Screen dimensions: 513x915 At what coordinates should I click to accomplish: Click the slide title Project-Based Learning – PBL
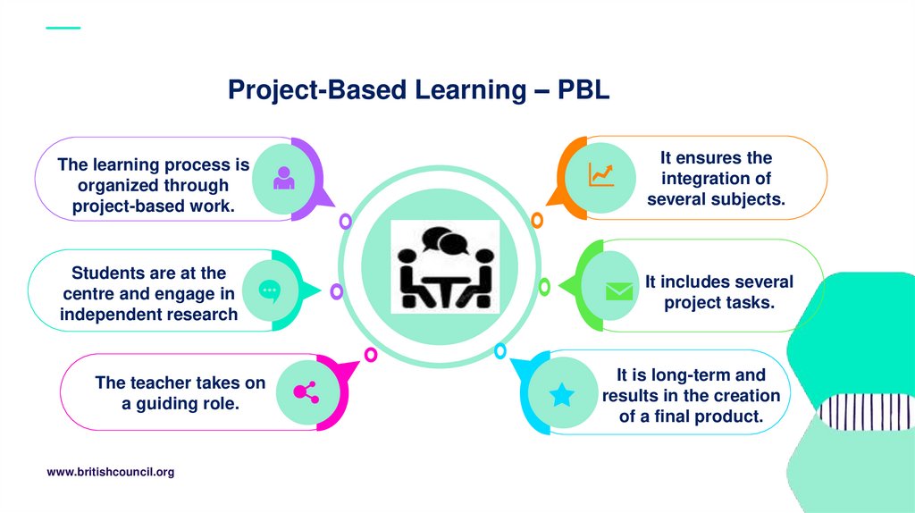418,90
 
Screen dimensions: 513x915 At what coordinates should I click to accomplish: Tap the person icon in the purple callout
284,178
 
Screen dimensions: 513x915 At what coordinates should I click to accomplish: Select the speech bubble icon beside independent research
269,290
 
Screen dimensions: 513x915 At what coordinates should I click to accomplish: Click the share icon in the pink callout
306,391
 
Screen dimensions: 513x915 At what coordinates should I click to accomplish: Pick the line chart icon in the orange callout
600,174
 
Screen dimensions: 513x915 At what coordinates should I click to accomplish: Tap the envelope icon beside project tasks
618,291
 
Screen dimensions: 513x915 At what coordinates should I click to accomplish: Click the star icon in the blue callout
561,394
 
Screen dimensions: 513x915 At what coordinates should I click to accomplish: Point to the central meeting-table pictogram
445,266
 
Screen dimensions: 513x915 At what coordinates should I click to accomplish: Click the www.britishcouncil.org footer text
110,472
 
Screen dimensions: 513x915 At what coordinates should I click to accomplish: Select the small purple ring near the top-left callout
345,221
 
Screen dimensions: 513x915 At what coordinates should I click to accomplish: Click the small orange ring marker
537,220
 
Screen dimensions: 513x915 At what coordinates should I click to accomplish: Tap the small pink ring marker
371,355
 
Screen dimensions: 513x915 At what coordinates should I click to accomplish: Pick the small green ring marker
544,287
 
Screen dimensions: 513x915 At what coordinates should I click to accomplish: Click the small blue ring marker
500,351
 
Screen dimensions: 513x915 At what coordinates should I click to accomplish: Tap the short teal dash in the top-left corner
63,28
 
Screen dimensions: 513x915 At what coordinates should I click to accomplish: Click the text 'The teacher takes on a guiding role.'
180,393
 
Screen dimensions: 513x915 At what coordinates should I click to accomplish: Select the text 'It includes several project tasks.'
718,292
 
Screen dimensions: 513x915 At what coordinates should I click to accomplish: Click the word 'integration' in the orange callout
716,179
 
